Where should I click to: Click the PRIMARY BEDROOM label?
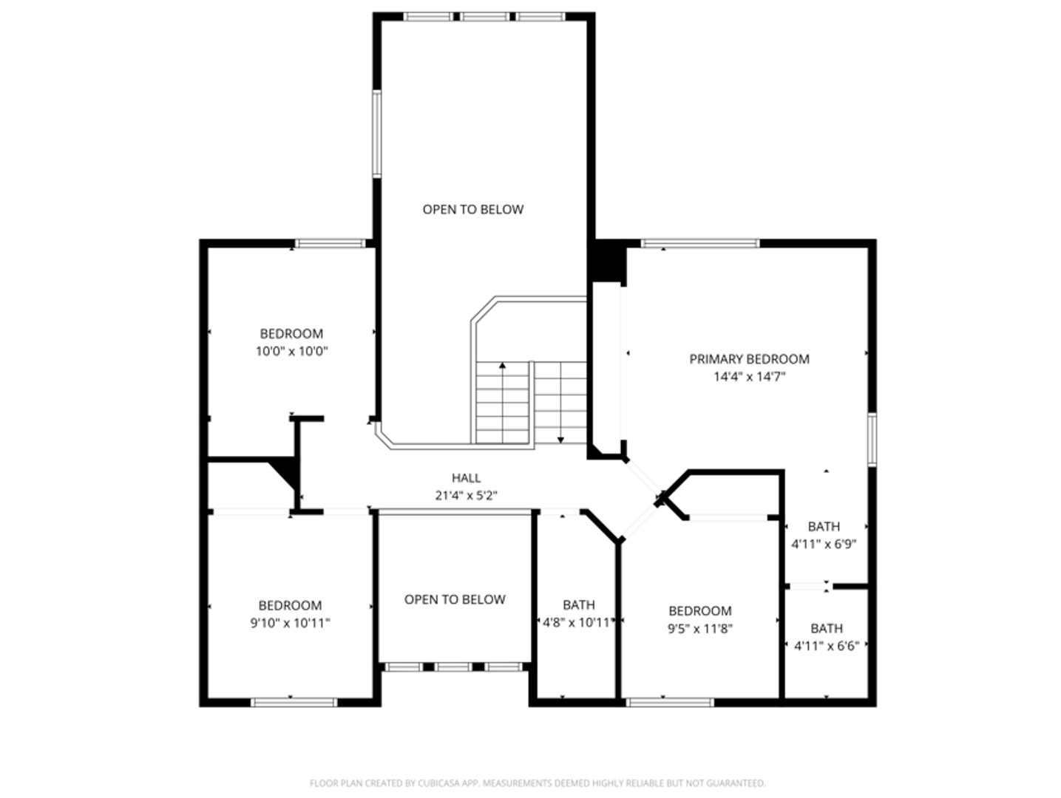click(749, 359)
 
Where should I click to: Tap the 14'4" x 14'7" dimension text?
click(749, 377)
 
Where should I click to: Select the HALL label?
click(466, 478)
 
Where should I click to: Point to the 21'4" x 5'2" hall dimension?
click(466, 496)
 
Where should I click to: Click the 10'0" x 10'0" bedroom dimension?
click(291, 352)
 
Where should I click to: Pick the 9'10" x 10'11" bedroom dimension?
click(290, 623)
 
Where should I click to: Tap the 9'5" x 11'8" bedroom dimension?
click(699, 629)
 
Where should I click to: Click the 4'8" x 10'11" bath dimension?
click(577, 623)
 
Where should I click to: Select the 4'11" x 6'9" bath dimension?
click(824, 545)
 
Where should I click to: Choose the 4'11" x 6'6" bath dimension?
click(826, 646)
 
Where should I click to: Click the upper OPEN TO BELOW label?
click(472, 210)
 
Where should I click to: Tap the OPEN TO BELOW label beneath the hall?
click(455, 599)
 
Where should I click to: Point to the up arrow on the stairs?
click(503, 366)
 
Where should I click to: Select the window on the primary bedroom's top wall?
click(699, 243)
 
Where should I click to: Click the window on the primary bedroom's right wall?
click(872, 440)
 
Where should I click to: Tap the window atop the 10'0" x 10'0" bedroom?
click(330, 243)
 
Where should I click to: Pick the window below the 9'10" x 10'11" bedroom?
click(294, 702)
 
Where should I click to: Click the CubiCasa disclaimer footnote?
click(537, 783)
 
